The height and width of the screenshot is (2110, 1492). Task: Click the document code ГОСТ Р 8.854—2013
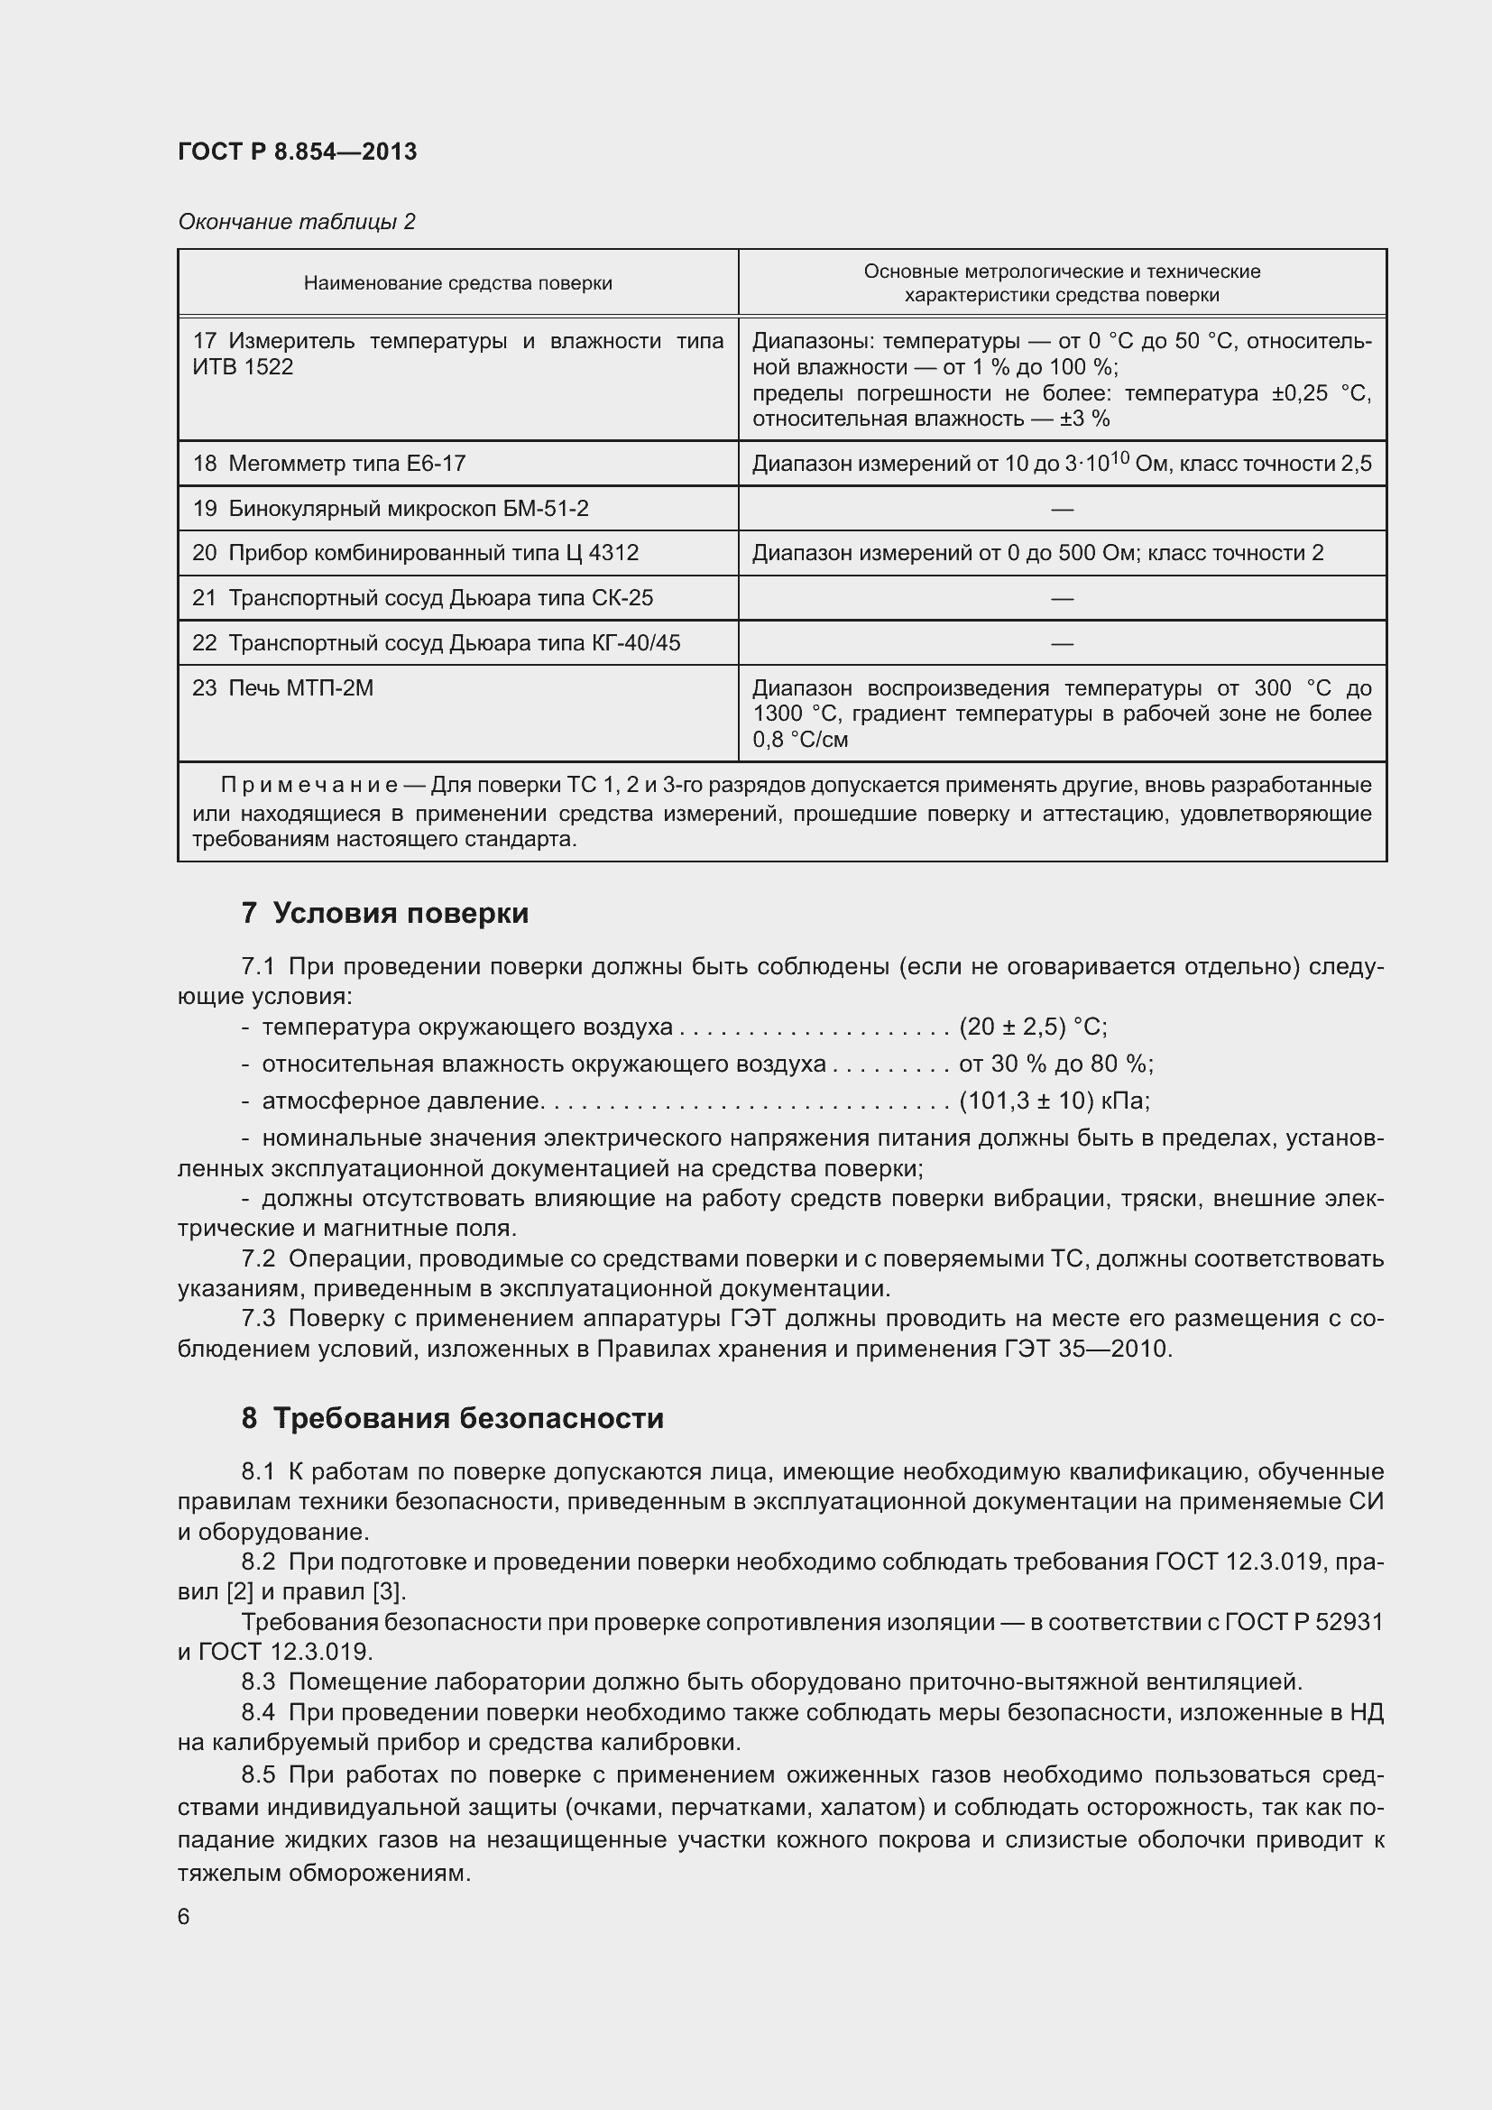(x=297, y=152)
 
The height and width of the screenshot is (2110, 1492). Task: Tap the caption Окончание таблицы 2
(x=296, y=222)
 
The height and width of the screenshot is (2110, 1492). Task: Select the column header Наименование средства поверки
(x=457, y=283)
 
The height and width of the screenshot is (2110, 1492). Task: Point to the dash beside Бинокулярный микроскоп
(x=1061, y=508)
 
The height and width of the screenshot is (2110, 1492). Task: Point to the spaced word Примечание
(x=309, y=785)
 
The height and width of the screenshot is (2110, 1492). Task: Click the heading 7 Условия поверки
(x=385, y=913)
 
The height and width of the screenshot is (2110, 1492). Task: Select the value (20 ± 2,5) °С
(x=1033, y=1027)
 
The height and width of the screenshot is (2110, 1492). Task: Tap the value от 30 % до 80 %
(x=1055, y=1064)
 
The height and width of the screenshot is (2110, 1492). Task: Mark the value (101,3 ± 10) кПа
(x=1054, y=1100)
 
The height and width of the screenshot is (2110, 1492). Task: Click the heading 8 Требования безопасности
(x=452, y=1418)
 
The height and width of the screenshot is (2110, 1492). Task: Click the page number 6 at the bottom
(x=184, y=1916)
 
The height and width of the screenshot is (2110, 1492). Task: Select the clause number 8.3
(x=258, y=1682)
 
